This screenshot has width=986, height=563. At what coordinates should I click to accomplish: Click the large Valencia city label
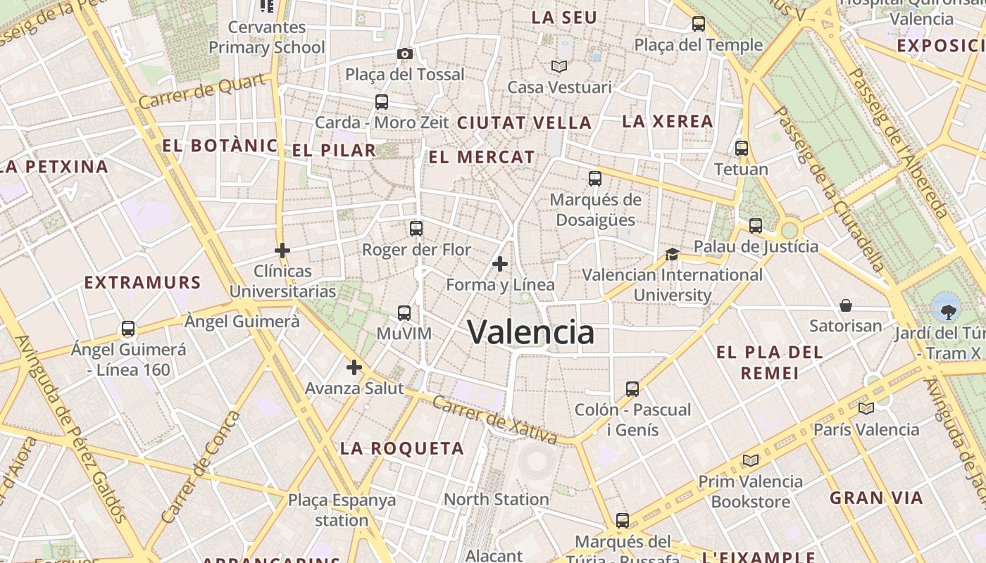[531, 332]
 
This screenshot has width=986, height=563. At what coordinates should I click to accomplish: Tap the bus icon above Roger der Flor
[416, 229]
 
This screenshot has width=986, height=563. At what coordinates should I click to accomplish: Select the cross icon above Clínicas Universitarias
[282, 251]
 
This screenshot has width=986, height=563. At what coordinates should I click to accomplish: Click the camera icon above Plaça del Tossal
[404, 54]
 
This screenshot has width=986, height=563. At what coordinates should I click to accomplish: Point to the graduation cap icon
[672, 254]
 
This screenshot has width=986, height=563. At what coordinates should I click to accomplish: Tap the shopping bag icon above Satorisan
[845, 305]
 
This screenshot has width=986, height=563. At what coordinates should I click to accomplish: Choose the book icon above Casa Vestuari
[559, 66]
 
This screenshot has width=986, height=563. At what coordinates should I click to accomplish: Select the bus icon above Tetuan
[742, 148]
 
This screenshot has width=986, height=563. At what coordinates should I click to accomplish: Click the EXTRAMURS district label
[143, 283]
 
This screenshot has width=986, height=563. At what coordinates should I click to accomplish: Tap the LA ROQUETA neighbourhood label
[402, 448]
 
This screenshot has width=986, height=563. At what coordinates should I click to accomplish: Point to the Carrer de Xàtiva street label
[494, 420]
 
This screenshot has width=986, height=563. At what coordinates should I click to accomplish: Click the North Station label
[496, 499]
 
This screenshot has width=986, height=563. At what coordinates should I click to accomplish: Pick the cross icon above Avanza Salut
[354, 367]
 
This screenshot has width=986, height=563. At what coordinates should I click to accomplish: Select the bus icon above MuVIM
[404, 313]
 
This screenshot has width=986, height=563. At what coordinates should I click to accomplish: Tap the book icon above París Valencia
[866, 408]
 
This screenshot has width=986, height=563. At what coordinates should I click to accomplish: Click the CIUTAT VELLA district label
[524, 122]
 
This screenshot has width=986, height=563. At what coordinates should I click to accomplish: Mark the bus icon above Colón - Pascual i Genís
[632, 388]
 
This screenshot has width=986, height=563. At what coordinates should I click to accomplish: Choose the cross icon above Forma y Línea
[500, 265]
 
